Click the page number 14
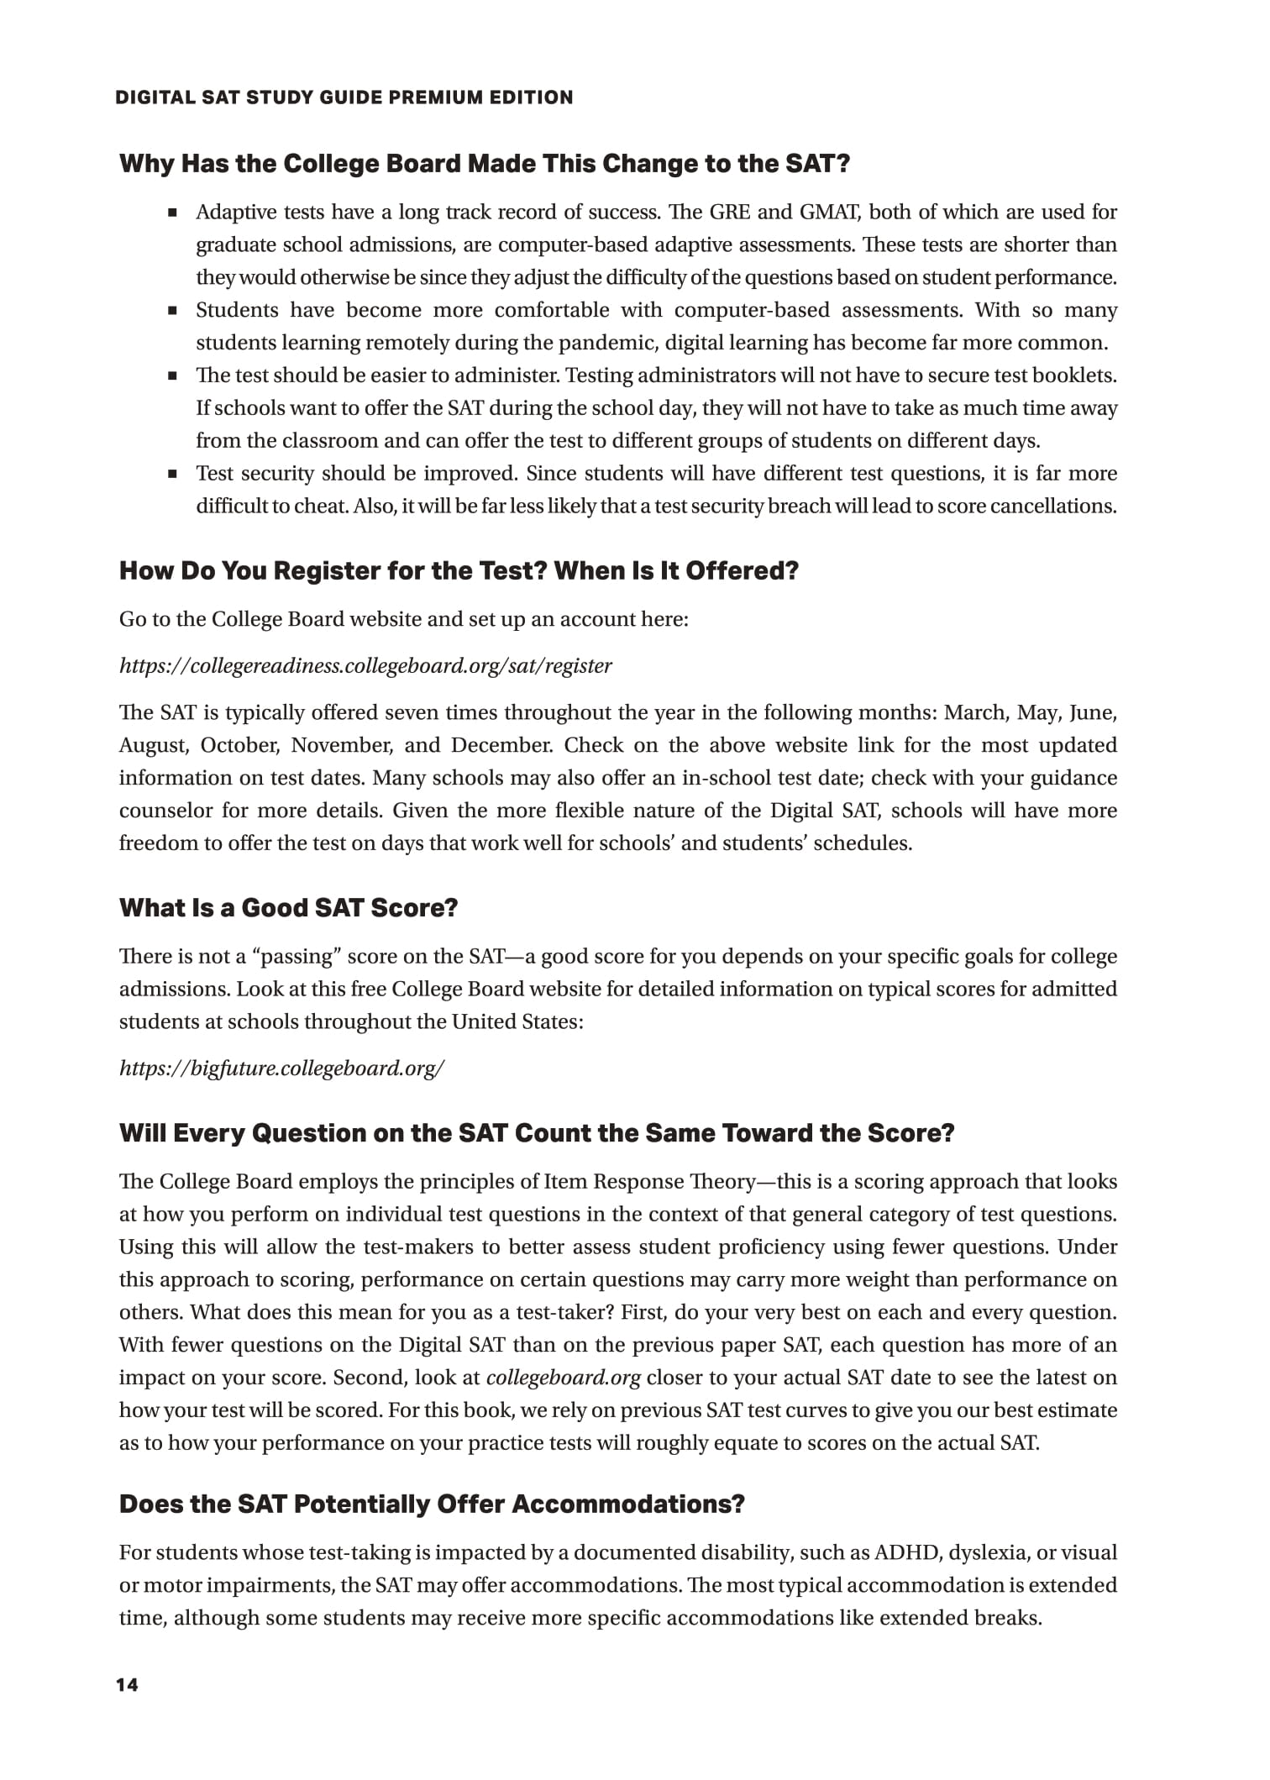(x=127, y=1685)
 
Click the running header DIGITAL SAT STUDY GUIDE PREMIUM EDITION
(x=344, y=97)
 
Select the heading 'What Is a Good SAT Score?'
(x=288, y=908)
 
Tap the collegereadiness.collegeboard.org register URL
(x=365, y=666)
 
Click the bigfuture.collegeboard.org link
(x=281, y=1069)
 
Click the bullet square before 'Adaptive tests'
(x=173, y=213)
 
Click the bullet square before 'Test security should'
(x=173, y=474)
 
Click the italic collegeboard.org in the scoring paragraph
(x=564, y=1378)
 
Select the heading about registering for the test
(x=459, y=571)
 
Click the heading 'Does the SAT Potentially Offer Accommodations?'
(x=432, y=1504)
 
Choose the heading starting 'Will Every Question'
(x=537, y=1133)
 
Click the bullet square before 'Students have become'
(x=173, y=311)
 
